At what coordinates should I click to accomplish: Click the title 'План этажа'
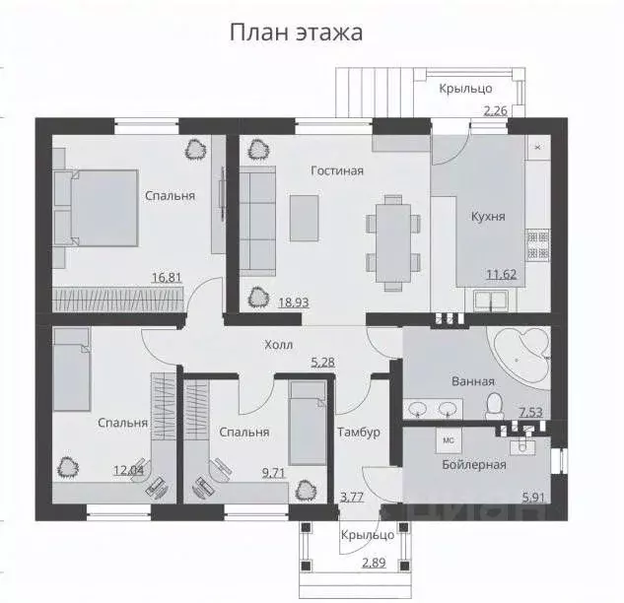click(x=296, y=33)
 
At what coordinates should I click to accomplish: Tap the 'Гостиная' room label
click(x=337, y=170)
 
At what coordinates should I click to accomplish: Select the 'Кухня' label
click(x=488, y=218)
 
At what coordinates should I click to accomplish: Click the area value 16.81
click(x=165, y=279)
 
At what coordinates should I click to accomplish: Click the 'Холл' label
click(x=278, y=346)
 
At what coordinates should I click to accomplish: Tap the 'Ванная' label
click(x=473, y=381)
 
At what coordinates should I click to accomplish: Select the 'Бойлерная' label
click(x=474, y=464)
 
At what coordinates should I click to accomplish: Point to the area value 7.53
click(x=530, y=412)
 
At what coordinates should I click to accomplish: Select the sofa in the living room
click(x=259, y=220)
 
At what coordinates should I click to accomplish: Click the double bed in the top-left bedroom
click(x=98, y=206)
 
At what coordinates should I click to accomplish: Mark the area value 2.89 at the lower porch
click(x=374, y=563)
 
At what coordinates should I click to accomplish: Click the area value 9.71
click(x=274, y=473)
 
